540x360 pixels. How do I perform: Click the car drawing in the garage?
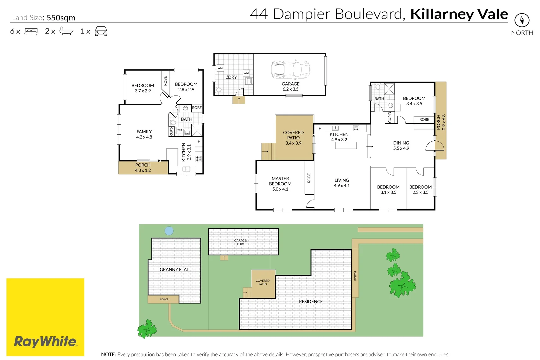pyautogui.click(x=291, y=69)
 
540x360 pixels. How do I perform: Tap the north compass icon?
pyautogui.click(x=522, y=20)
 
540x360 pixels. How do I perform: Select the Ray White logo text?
pyautogui.click(x=45, y=342)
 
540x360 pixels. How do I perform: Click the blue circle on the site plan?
pyautogui.click(x=169, y=231)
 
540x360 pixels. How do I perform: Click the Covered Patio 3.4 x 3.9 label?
pyautogui.click(x=293, y=138)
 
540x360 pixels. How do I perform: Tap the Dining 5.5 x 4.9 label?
pyautogui.click(x=401, y=145)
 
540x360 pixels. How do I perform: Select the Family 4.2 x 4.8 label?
pyautogui.click(x=144, y=134)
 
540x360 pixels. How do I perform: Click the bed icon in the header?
pyautogui.click(x=31, y=32)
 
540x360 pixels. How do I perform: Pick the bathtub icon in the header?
pyautogui.click(x=66, y=31)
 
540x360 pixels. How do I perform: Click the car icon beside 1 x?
pyautogui.click(x=101, y=31)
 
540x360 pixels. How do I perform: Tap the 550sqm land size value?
pyautogui.click(x=61, y=18)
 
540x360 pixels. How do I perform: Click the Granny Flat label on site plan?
pyautogui.click(x=174, y=269)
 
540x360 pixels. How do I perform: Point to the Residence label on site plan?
pyautogui.click(x=311, y=301)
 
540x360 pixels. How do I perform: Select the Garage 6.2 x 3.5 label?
pyautogui.click(x=291, y=86)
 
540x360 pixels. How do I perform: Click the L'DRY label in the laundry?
pyautogui.click(x=231, y=77)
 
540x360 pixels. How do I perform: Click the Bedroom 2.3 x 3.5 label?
pyautogui.click(x=420, y=190)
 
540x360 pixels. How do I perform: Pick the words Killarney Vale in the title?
pyautogui.click(x=459, y=14)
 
